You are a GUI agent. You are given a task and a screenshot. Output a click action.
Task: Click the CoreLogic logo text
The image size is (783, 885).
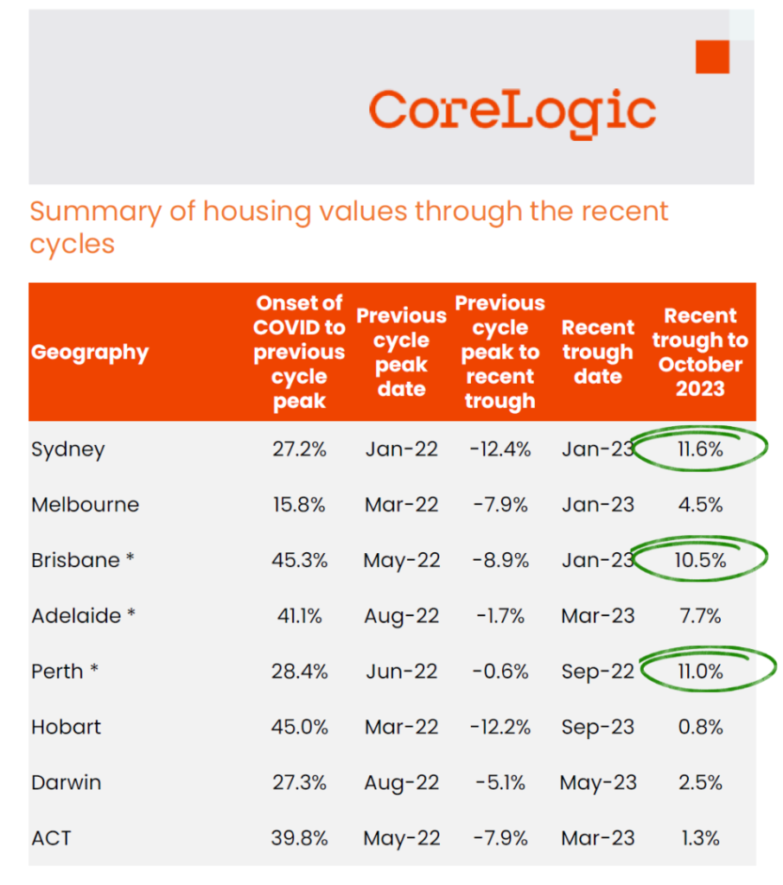tap(512, 114)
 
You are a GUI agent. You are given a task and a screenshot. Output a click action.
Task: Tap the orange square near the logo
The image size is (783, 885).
tap(712, 57)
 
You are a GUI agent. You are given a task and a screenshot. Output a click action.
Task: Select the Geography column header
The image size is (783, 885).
tap(90, 353)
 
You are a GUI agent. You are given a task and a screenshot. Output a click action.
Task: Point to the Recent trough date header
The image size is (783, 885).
tap(598, 353)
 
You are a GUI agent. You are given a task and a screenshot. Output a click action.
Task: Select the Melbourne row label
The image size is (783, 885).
tap(85, 505)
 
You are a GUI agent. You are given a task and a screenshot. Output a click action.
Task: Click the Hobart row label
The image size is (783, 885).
tap(67, 727)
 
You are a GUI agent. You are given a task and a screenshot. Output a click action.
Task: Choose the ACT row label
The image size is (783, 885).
tap(51, 837)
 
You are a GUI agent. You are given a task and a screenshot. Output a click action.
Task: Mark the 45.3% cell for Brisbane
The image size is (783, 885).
tap(299, 560)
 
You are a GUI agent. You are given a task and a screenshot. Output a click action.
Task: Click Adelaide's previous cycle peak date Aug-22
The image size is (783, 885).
tap(401, 616)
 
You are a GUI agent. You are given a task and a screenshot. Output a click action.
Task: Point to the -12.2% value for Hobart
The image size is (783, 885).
tap(500, 727)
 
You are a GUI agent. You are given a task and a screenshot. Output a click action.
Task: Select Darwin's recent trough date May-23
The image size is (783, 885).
tap(598, 782)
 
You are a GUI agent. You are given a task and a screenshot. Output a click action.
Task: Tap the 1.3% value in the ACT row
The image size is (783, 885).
tap(700, 837)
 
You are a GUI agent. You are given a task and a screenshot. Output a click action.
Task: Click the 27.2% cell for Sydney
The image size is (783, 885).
tap(299, 449)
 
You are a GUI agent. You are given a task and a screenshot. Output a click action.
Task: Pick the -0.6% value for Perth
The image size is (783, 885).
tap(500, 672)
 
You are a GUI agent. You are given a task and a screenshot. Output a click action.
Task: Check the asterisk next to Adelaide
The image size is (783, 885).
tap(132, 614)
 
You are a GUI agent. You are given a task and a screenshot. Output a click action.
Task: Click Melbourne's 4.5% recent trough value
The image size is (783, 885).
tap(700, 505)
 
